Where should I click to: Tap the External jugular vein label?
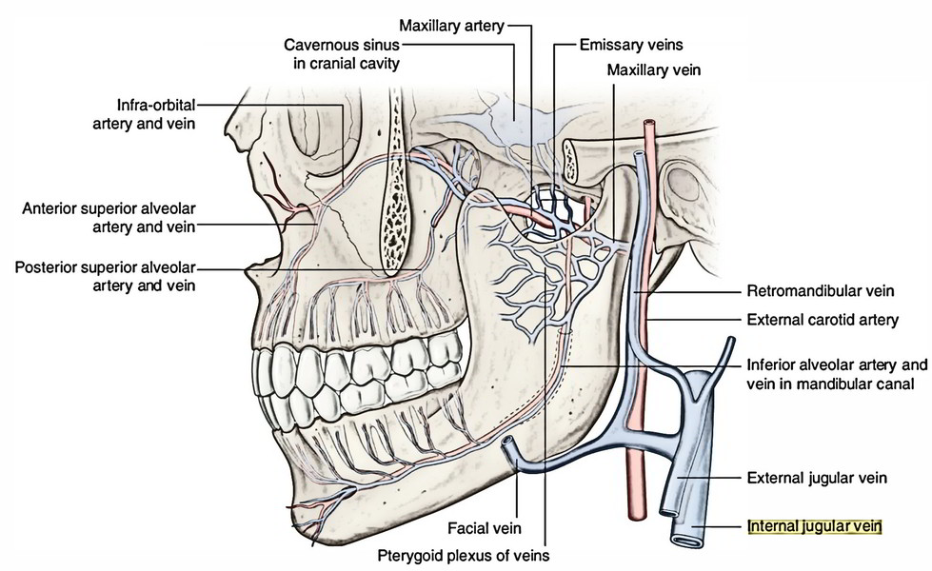click(x=818, y=479)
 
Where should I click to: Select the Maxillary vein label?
click(x=658, y=69)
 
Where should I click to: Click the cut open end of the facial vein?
click(x=510, y=443)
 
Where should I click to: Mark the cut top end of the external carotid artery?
click(x=650, y=124)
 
